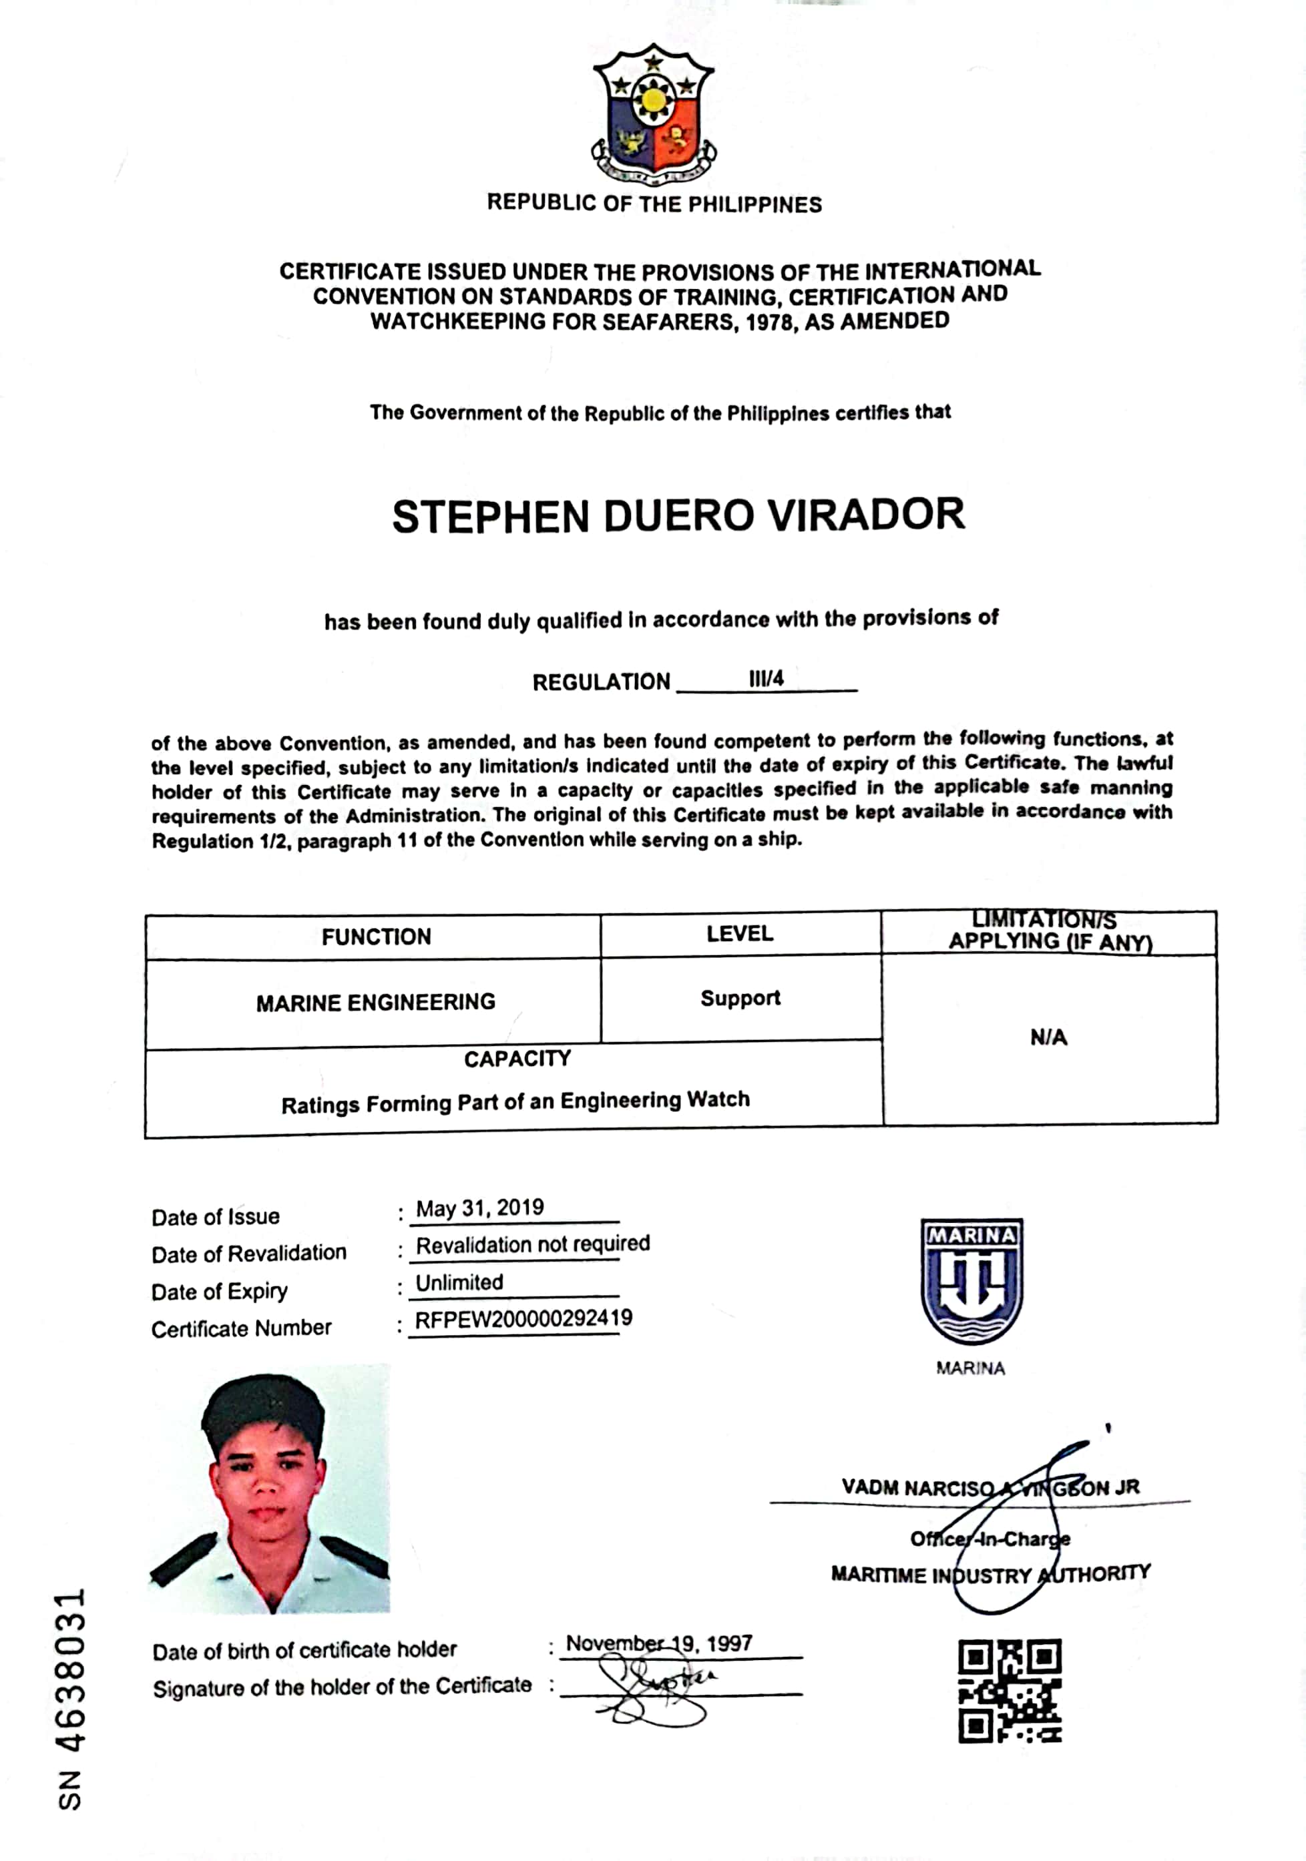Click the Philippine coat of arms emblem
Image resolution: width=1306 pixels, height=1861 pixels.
pyautogui.click(x=654, y=113)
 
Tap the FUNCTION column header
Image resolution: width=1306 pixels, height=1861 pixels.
pyautogui.click(x=376, y=937)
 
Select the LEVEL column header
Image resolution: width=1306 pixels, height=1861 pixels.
pyautogui.click(x=739, y=934)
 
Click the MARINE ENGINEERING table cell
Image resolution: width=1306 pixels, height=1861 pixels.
pyautogui.click(x=375, y=1003)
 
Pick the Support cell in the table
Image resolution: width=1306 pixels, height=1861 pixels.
pyautogui.click(x=740, y=998)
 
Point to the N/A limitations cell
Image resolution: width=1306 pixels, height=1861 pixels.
pyautogui.click(x=1048, y=1037)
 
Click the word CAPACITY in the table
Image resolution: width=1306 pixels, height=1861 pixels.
pyautogui.click(x=517, y=1059)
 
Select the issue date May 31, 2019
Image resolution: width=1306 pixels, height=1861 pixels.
pyautogui.click(x=479, y=1208)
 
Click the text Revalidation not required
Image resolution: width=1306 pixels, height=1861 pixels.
pyautogui.click(x=533, y=1244)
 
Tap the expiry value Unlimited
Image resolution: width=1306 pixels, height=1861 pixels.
pyautogui.click(x=459, y=1282)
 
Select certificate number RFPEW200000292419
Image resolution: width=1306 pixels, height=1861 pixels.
pyautogui.click(x=523, y=1319)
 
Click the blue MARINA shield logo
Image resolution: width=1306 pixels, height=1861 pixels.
pyautogui.click(x=971, y=1282)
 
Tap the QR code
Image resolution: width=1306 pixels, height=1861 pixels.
pyautogui.click(x=1010, y=1691)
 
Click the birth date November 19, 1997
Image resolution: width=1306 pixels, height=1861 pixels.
pyautogui.click(x=658, y=1644)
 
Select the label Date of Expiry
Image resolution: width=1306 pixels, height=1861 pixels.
pyautogui.click(x=219, y=1291)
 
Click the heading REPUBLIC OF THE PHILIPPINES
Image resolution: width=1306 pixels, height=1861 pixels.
pyautogui.click(x=654, y=204)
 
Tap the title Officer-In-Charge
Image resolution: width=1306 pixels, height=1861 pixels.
pyautogui.click(x=989, y=1539)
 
